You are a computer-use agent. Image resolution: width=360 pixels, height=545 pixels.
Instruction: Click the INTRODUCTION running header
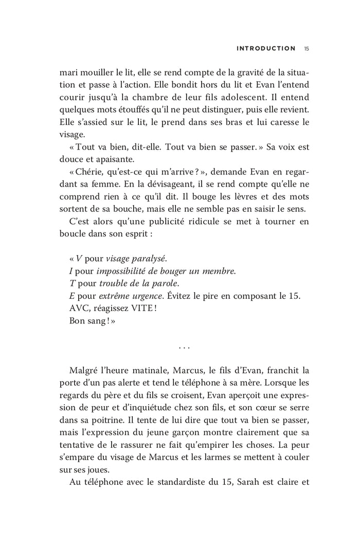click(265, 49)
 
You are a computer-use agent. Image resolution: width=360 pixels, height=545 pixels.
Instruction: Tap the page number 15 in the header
click(306, 49)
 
